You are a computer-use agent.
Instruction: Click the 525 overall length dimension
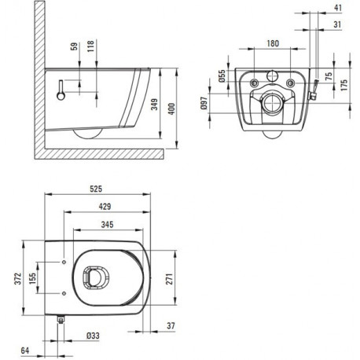(x=96, y=189)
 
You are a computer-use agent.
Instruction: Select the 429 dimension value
(x=105, y=207)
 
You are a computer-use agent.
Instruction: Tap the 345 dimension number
(x=107, y=225)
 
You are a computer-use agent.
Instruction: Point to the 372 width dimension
(x=17, y=278)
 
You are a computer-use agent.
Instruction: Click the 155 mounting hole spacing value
(x=32, y=278)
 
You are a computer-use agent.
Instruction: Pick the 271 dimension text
(x=170, y=278)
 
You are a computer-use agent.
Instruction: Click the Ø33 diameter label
(x=93, y=336)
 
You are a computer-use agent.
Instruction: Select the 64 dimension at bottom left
(x=25, y=351)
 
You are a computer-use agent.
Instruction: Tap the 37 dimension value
(x=171, y=325)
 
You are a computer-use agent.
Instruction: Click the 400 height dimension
(x=171, y=108)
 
